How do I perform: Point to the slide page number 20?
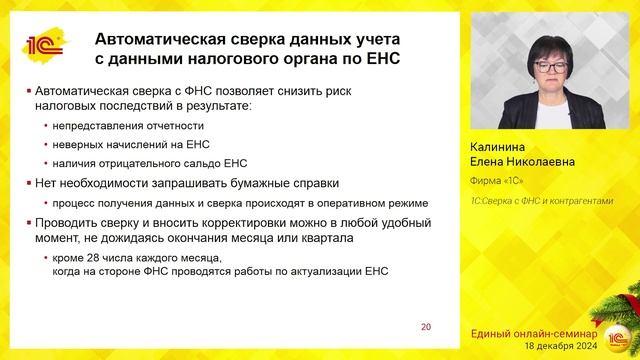pyautogui.click(x=426, y=326)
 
